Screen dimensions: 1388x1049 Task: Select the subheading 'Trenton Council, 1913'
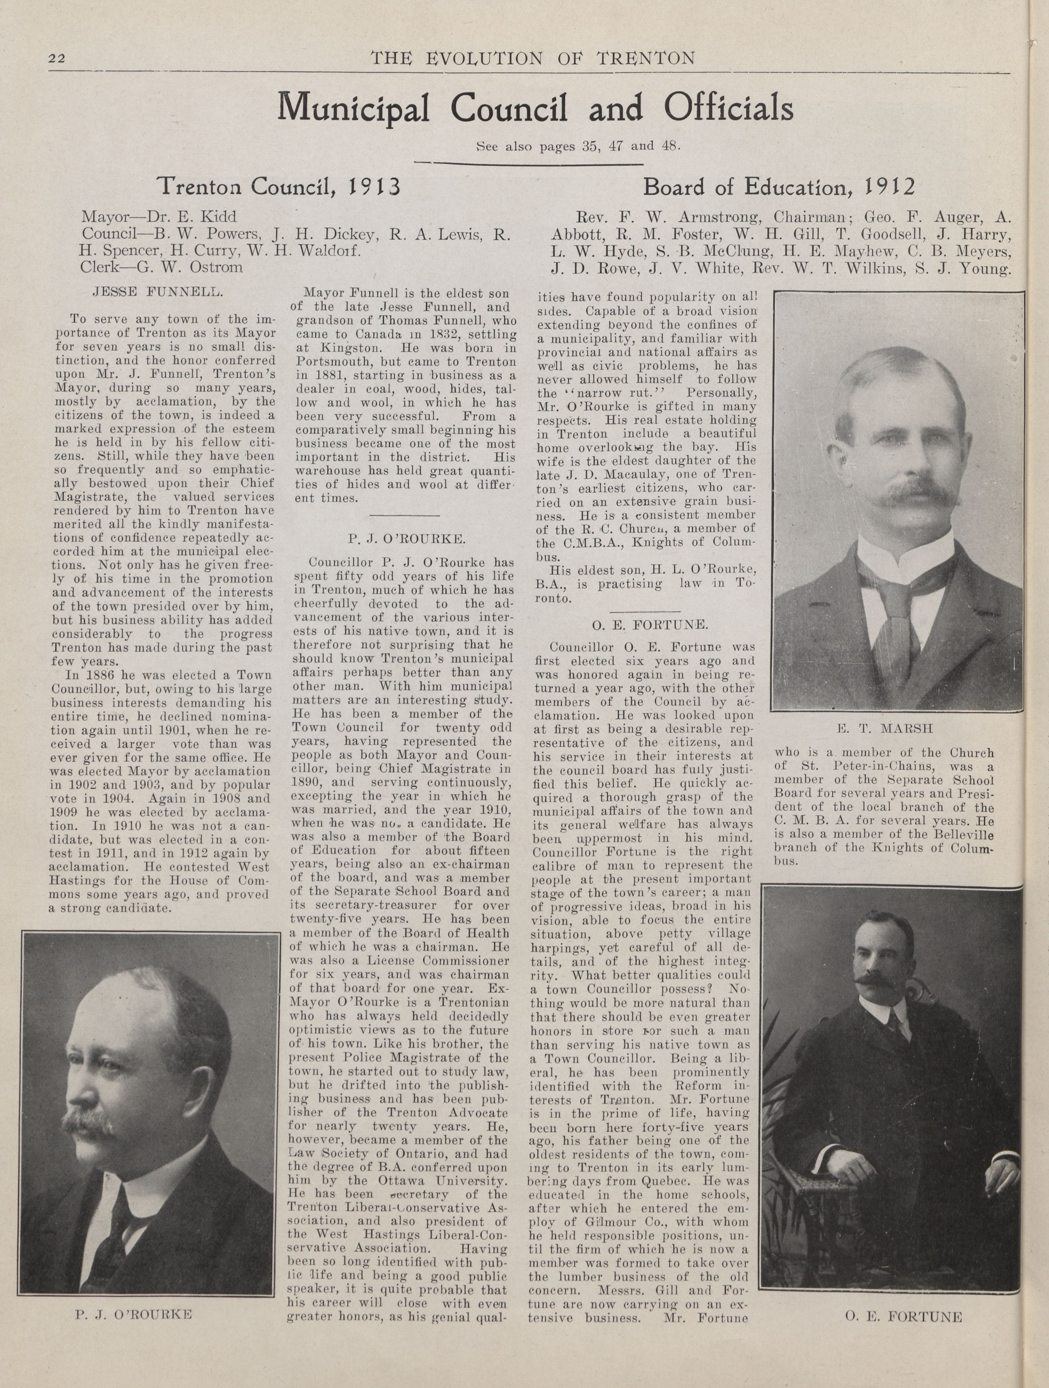point(279,186)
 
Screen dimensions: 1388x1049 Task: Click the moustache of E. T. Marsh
point(902,494)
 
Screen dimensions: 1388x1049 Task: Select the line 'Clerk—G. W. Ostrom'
point(161,267)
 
